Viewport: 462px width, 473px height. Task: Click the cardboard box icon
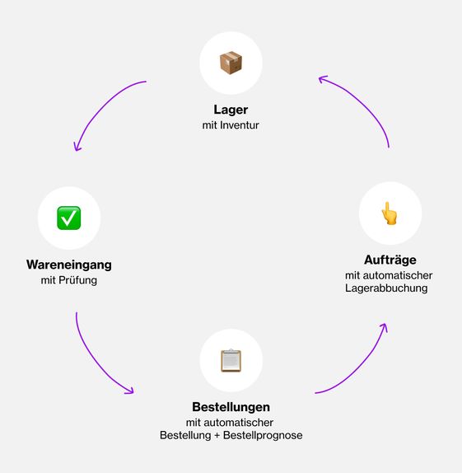[x=231, y=63]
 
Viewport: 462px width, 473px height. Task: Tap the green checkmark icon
[x=68, y=218]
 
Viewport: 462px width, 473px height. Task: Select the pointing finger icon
[x=389, y=213]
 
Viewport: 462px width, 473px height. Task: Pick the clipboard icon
[x=231, y=360]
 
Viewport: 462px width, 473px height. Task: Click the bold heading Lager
[x=231, y=110]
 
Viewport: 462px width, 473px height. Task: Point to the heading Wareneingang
[x=69, y=265]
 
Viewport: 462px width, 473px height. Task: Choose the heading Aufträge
[x=390, y=260]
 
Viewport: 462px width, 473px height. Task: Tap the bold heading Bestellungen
[x=231, y=407]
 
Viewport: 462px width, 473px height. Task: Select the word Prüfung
[x=77, y=280]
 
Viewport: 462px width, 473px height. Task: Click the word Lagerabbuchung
[x=386, y=288]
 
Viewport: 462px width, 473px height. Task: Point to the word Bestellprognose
[x=263, y=435]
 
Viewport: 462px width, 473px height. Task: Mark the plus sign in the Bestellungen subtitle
[x=217, y=436]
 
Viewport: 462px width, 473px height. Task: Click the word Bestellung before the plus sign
[x=185, y=435]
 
